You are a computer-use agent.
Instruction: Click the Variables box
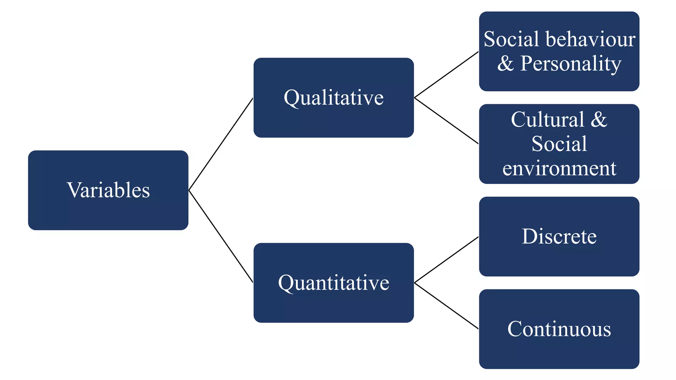coord(108,190)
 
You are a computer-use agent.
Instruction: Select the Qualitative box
coord(333,98)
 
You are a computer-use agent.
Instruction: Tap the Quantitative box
coord(333,283)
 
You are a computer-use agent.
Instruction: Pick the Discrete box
coord(559,237)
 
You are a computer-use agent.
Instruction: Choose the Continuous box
coord(559,329)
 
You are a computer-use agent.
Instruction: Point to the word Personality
coord(571,63)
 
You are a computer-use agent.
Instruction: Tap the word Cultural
coord(547,119)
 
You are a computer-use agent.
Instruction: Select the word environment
coord(559,168)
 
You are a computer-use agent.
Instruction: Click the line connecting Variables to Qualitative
coord(221,144)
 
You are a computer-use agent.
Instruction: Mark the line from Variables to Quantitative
coord(221,237)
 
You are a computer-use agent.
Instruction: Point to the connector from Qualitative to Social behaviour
coord(446,75)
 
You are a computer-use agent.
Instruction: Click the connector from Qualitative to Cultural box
coord(446,121)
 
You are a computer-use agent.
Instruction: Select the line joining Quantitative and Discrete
coord(446,260)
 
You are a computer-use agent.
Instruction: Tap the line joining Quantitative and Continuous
coord(446,306)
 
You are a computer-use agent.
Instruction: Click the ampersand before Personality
coord(506,63)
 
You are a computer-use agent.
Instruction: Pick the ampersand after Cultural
coord(599,119)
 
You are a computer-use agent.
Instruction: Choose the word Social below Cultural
coord(559,144)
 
